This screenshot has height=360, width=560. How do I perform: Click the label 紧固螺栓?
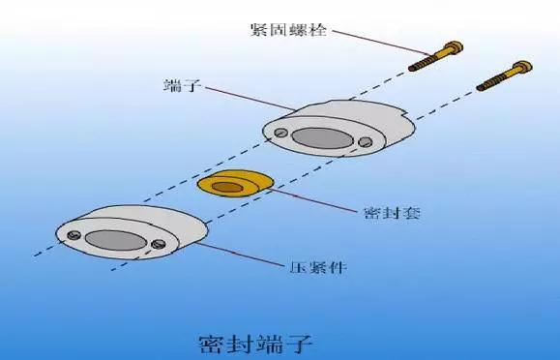coord(287,30)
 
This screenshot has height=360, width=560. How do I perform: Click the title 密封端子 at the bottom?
coord(255,342)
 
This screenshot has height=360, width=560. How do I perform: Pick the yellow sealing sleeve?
coord(233,184)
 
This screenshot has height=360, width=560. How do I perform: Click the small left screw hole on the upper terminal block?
coord(280,133)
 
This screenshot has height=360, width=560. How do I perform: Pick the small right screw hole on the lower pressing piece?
coord(160,244)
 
